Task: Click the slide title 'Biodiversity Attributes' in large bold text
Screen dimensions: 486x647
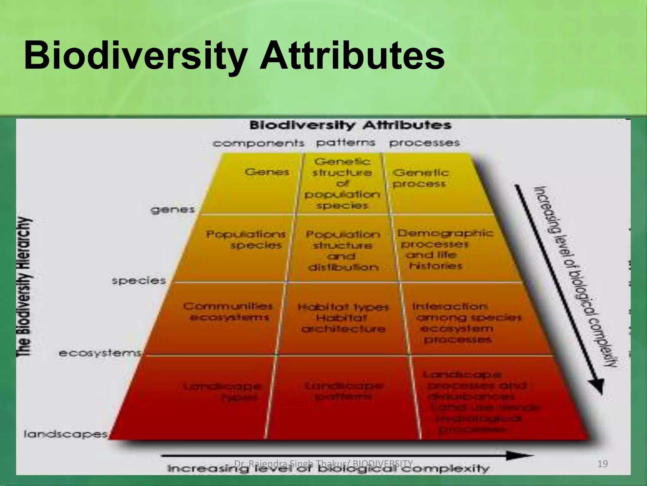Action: pyautogui.click(x=234, y=56)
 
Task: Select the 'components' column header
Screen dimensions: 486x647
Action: pyautogui.click(x=258, y=143)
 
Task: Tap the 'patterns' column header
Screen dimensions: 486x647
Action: pyautogui.click(x=346, y=143)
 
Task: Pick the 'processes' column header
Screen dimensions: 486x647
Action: pyautogui.click(x=424, y=143)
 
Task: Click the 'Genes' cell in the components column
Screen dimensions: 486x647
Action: pyautogui.click(x=267, y=172)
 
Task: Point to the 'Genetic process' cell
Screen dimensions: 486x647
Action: pyautogui.click(x=420, y=178)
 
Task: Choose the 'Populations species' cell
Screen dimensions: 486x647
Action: pyautogui.click(x=246, y=240)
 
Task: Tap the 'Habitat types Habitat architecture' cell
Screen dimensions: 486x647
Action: pyautogui.click(x=343, y=318)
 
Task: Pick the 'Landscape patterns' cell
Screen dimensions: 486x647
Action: pyautogui.click(x=344, y=391)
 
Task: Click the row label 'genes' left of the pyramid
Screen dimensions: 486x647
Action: pyautogui.click(x=172, y=210)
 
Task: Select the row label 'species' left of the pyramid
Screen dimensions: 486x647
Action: pyautogui.click(x=139, y=281)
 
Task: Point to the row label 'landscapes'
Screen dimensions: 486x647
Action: pyautogui.click(x=66, y=434)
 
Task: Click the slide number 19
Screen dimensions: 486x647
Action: pyautogui.click(x=603, y=464)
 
